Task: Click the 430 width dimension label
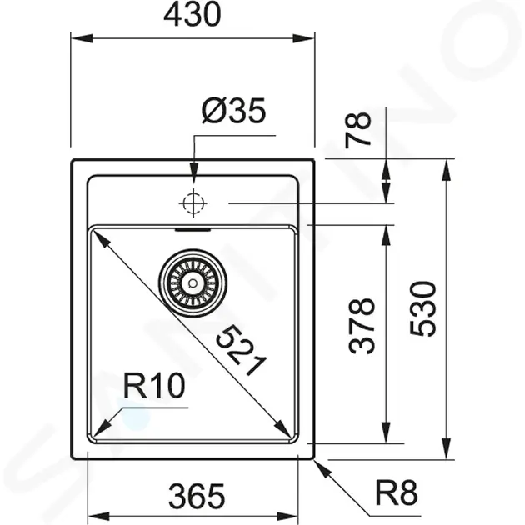coord(192,15)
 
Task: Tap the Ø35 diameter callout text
coord(233,110)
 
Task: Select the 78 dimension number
coord(358,130)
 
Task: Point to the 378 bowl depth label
coord(362,326)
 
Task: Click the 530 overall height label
coord(422,308)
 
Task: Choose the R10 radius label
coord(154,385)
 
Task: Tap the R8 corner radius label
coord(397,492)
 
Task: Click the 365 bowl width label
coord(197,496)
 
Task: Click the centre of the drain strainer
coord(192,283)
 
